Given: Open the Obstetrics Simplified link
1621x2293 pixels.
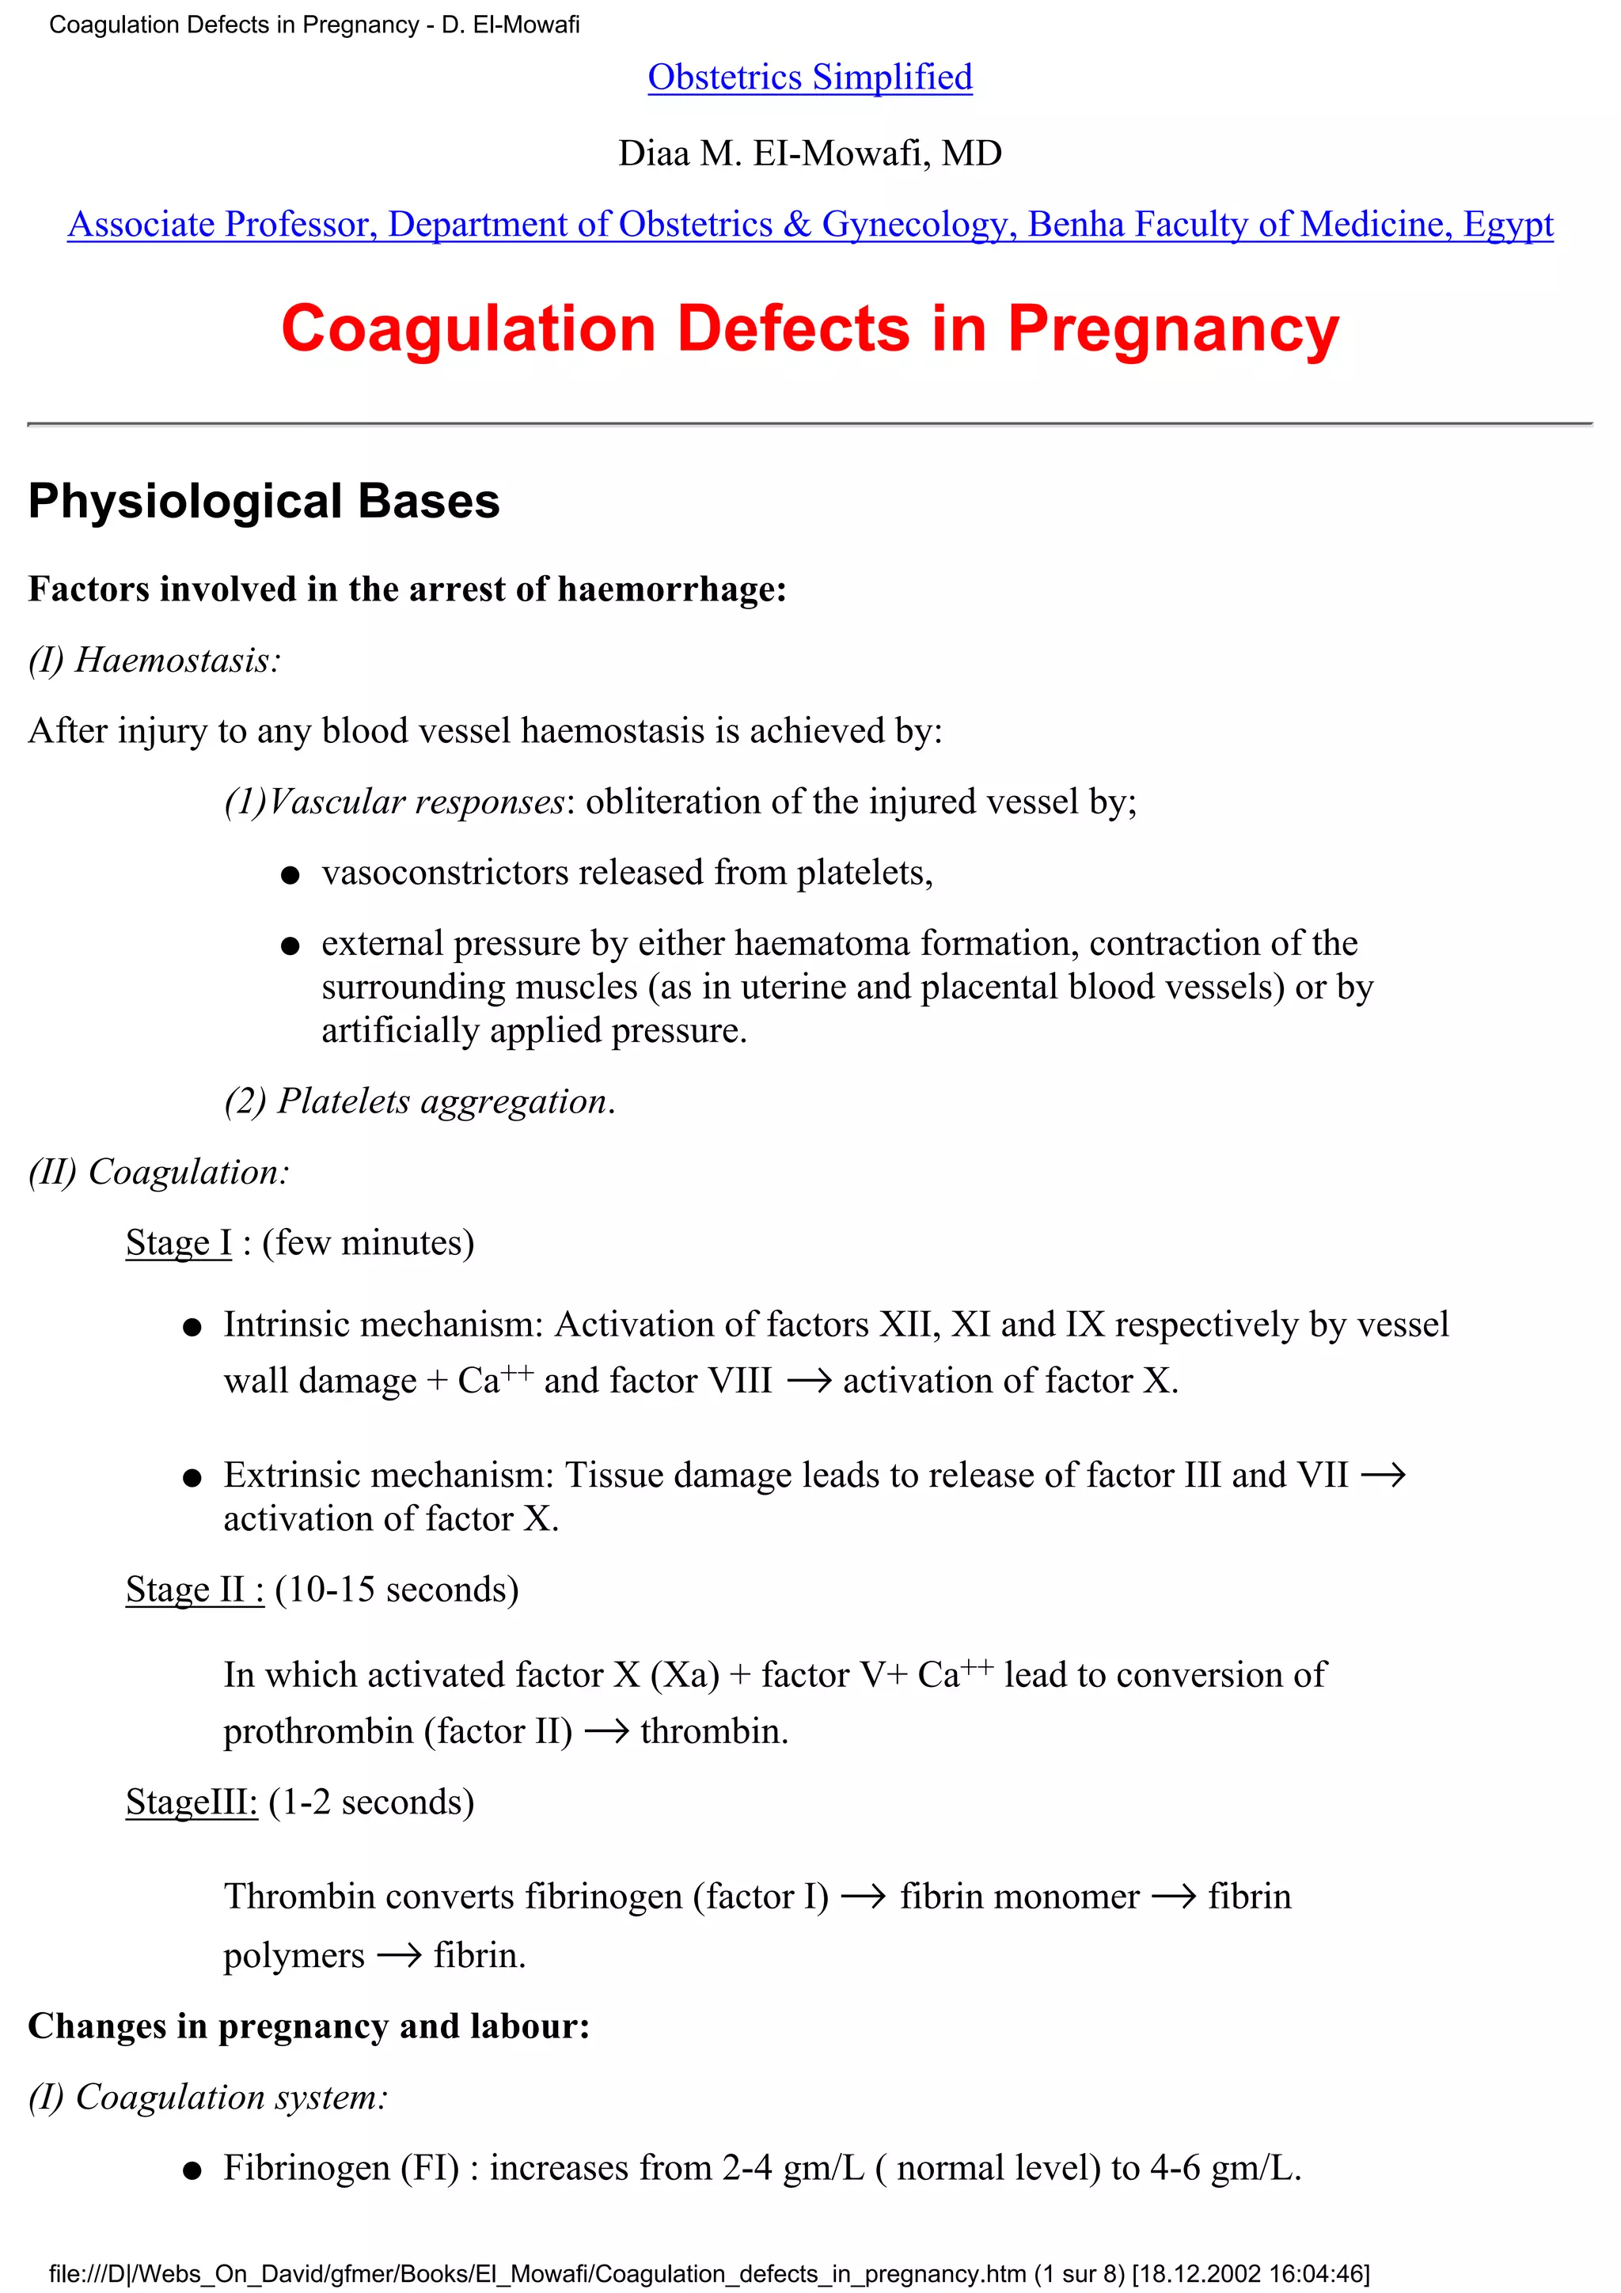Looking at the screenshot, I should pyautogui.click(x=809, y=77).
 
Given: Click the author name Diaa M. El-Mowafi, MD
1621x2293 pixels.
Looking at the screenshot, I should pyautogui.click(x=809, y=153).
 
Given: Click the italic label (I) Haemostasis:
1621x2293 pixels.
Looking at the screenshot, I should pyautogui.click(x=155, y=660).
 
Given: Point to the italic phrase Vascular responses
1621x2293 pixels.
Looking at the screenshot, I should pyautogui.click(x=416, y=801).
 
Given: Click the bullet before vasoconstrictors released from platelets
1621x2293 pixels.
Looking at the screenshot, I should pyautogui.click(x=290, y=875).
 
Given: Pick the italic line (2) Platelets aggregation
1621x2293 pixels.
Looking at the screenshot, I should pyautogui.click(x=419, y=1101).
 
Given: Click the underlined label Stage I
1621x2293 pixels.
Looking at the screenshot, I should pyautogui.click(x=178, y=1242).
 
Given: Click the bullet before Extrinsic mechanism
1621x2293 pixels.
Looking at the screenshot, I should pyautogui.click(x=193, y=1478).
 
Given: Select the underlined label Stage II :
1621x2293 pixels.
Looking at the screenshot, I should pyautogui.click(x=195, y=1589).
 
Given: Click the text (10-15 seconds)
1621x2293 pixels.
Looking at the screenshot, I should pyautogui.click(x=397, y=1589).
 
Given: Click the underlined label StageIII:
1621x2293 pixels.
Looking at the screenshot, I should pyautogui.click(x=192, y=1802).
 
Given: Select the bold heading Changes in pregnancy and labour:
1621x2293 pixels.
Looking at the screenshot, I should pyautogui.click(x=309, y=2026).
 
